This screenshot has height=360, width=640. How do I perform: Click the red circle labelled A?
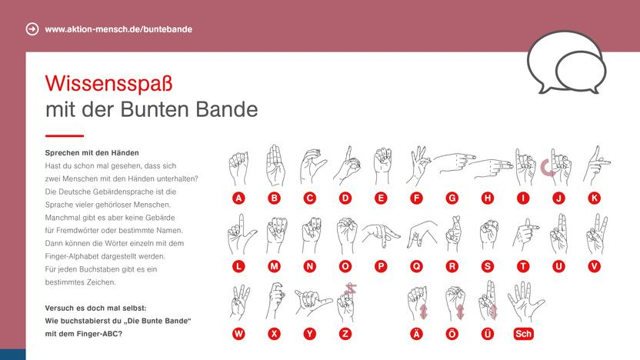point(239,198)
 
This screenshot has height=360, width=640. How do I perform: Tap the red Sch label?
point(523,334)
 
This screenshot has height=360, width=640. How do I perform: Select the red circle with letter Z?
point(345,334)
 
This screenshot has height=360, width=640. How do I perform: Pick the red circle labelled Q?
point(417,266)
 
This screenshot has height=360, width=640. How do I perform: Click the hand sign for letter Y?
point(312,302)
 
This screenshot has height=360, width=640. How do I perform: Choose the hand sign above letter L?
point(238,233)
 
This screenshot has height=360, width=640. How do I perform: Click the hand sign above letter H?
point(485,164)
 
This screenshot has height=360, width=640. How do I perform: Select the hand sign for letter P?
point(380,234)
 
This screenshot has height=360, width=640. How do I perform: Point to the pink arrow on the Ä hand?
point(422,310)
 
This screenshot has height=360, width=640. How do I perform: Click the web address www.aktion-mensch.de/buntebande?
point(118,29)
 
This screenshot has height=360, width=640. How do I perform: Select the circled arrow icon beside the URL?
point(32,29)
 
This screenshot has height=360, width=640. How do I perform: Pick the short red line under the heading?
point(64,135)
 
